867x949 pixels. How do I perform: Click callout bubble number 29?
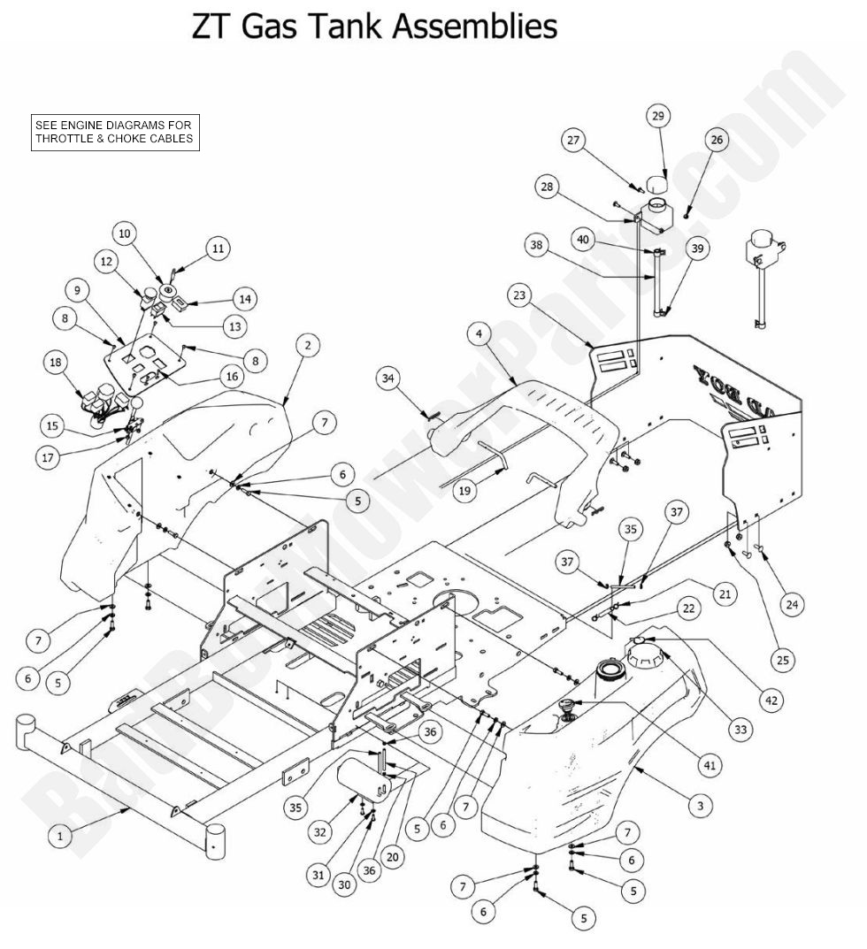657,116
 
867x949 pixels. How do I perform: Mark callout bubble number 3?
700,805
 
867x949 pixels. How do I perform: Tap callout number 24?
791,605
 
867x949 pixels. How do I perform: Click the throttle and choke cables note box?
113,132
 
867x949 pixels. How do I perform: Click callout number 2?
306,346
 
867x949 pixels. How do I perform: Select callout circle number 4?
479,334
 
